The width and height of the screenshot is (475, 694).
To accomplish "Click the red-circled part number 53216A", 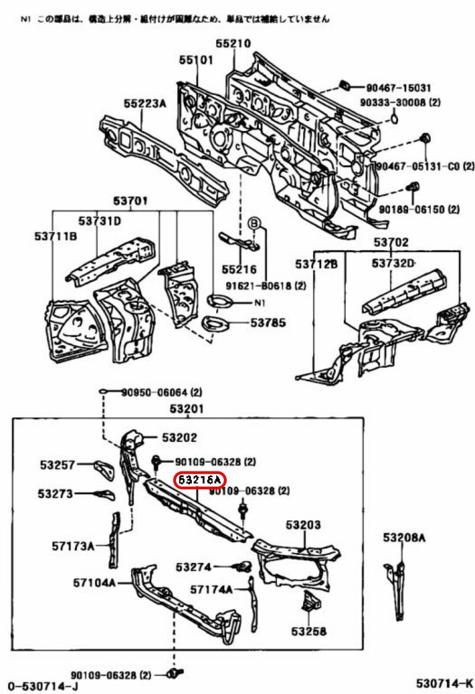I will click(199, 480).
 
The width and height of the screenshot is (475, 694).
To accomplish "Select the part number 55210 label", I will click(233, 43).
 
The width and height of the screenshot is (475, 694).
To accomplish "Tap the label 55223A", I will click(145, 104).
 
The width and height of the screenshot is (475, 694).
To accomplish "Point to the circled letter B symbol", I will click(253, 223).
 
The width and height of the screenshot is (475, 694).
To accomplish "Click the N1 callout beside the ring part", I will click(259, 303).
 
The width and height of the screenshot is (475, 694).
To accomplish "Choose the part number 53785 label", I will click(268, 323).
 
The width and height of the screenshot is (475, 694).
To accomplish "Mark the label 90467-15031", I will click(399, 88).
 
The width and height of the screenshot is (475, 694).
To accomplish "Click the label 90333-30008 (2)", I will click(400, 102).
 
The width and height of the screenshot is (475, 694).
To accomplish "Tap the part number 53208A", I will click(404, 538).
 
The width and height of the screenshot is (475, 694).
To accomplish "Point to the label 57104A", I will click(94, 583).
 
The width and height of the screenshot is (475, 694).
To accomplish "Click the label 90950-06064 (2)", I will click(162, 393).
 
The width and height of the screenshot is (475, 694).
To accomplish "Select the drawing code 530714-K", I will click(444, 684).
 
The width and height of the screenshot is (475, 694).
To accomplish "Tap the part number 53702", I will click(391, 242).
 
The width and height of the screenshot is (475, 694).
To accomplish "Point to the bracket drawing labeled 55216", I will click(239, 241).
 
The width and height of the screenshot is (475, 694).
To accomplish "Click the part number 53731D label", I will click(99, 221).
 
